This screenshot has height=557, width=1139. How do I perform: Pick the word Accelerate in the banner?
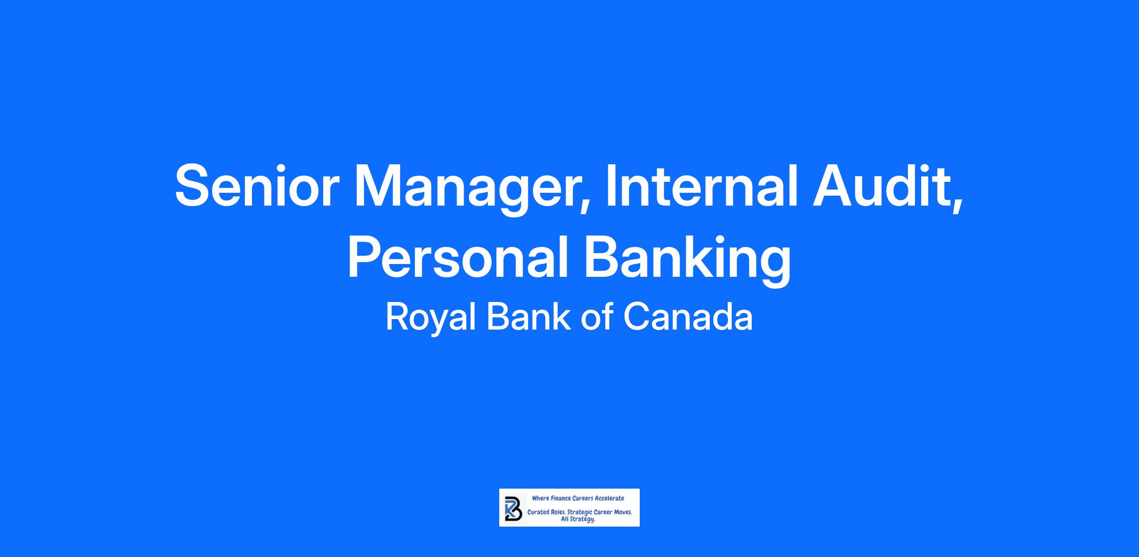point(609,499)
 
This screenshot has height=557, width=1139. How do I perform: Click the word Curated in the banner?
point(539,513)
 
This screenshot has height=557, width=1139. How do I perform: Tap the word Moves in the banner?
point(622,513)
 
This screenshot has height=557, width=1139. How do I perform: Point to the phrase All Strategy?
point(579,519)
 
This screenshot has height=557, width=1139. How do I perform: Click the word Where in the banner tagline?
point(540,499)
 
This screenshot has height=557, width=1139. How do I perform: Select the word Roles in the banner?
point(559,513)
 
